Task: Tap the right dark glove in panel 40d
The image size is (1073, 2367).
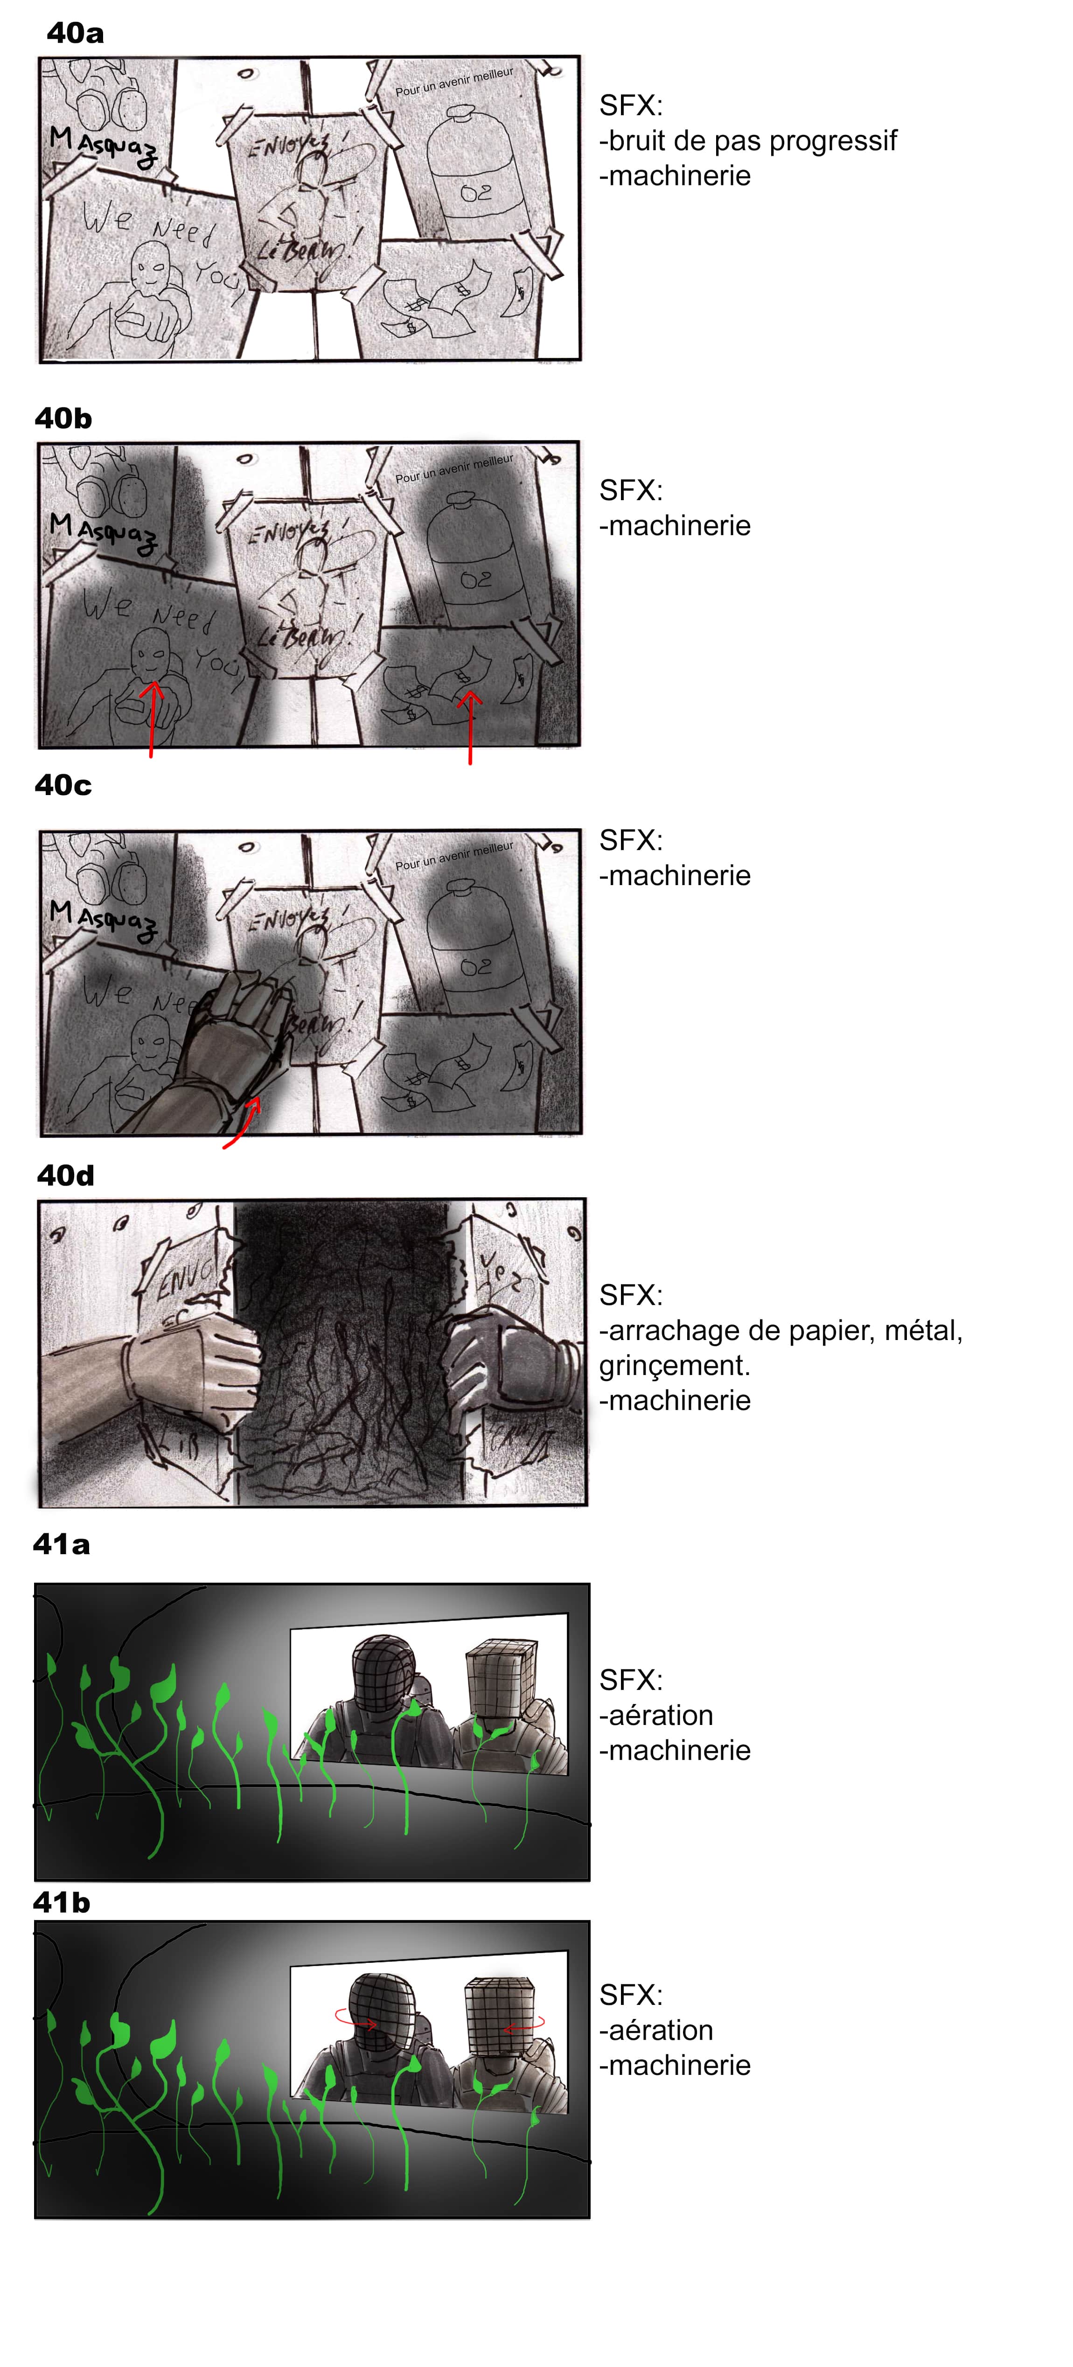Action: pyautogui.click(x=501, y=1360)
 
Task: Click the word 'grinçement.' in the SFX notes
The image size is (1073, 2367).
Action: pyautogui.click(x=674, y=1365)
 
